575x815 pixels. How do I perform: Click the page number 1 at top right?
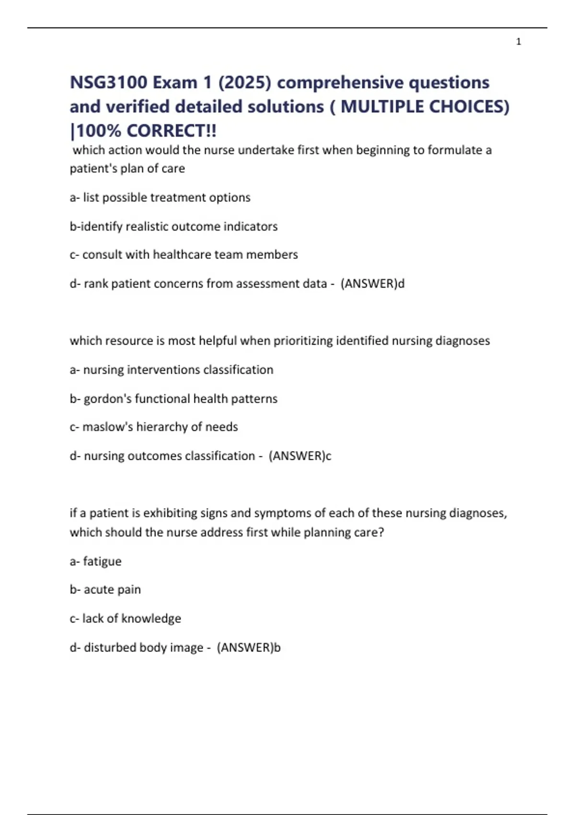tap(518, 42)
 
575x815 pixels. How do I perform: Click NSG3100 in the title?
tap(108, 82)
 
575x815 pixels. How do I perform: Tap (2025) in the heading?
tap(245, 82)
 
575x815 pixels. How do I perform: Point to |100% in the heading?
tap(95, 130)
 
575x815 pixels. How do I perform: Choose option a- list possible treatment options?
tap(160, 198)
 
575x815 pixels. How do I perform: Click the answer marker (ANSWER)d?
tap(372, 284)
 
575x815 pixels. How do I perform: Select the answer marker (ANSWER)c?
tap(300, 456)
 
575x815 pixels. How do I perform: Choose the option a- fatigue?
tap(96, 561)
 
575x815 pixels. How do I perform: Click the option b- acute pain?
tap(105, 590)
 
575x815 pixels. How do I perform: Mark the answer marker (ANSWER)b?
tap(249, 648)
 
